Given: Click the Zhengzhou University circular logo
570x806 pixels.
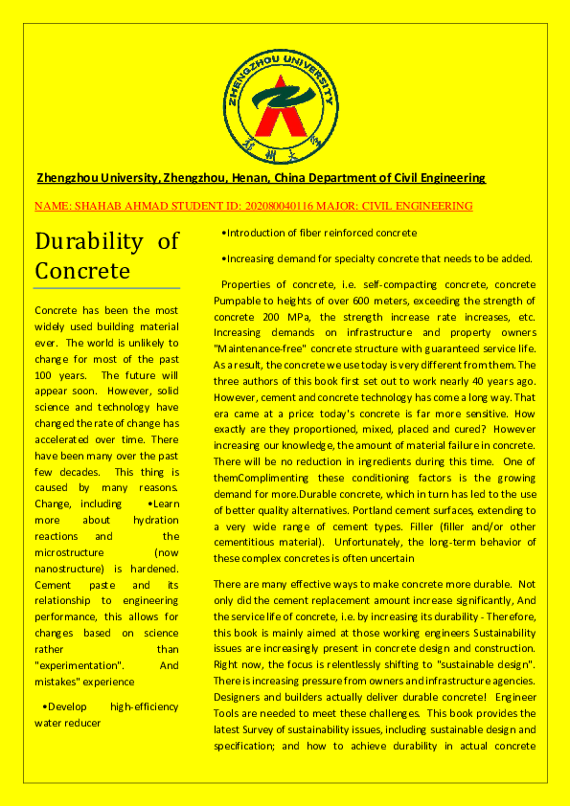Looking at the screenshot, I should coord(285,101).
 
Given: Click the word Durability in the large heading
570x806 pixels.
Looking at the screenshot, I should coord(88,240).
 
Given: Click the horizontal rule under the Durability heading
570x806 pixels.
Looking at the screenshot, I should coord(107,288).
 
